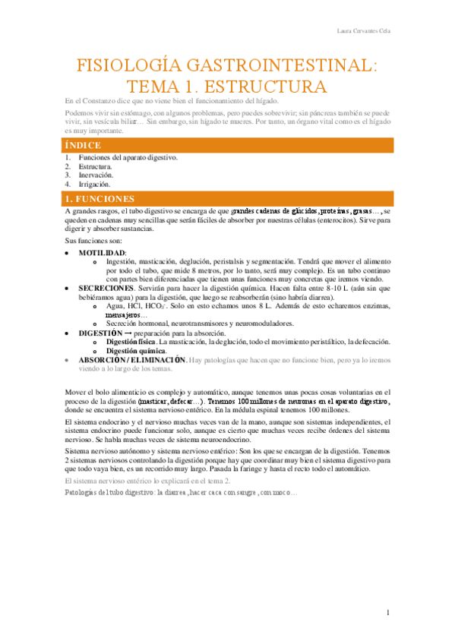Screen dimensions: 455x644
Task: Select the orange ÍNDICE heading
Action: click(84, 145)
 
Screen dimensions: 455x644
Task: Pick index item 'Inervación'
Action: click(96, 175)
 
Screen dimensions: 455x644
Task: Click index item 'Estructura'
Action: click(95, 166)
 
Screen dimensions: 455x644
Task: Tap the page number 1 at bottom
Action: click(387, 612)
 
